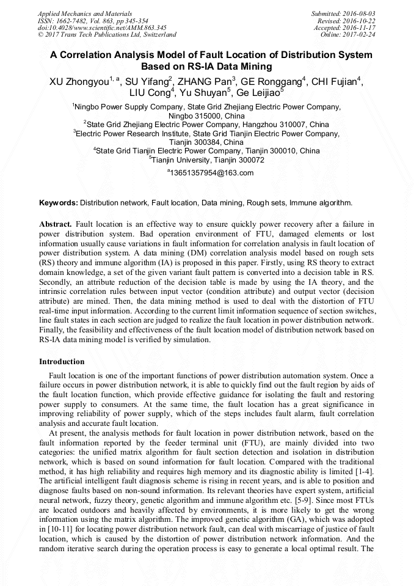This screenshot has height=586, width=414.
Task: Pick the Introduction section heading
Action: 62,362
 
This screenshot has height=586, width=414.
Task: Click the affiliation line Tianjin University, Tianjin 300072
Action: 207,160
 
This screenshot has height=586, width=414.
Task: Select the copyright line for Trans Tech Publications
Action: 107,35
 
